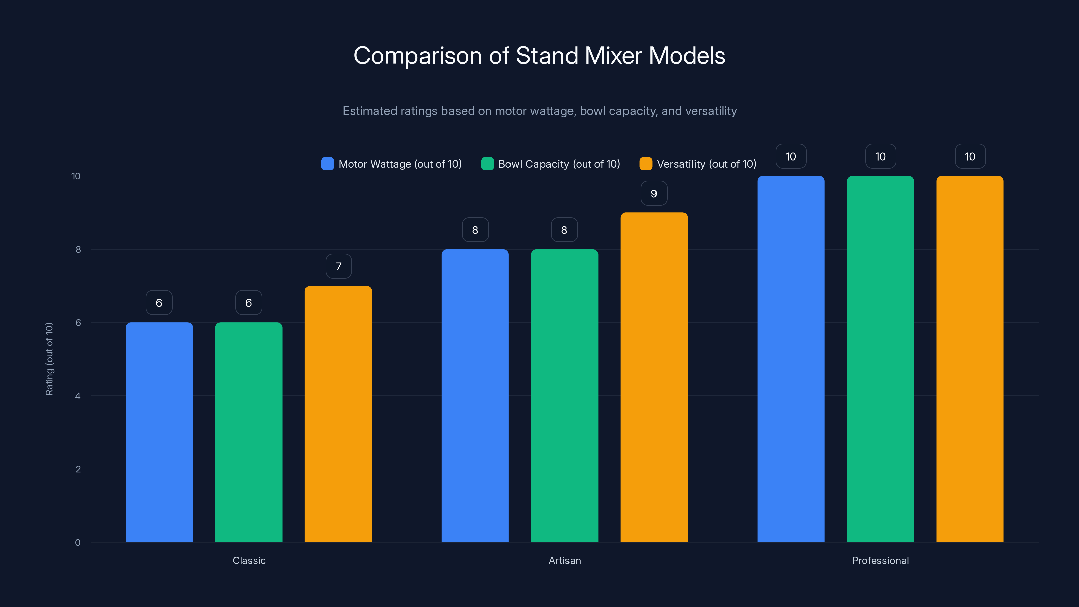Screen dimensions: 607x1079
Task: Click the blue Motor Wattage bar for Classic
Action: point(159,432)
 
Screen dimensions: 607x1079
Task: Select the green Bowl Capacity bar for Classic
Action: point(249,432)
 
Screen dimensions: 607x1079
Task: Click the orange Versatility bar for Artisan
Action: point(654,377)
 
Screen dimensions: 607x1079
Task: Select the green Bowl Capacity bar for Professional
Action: point(880,358)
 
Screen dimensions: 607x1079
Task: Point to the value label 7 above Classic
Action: point(339,266)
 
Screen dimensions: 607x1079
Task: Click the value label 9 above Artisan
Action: point(654,194)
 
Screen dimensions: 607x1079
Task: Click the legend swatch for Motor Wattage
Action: point(327,164)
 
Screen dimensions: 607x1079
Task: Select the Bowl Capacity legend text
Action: point(559,164)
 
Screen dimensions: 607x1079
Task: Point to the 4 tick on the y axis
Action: point(78,396)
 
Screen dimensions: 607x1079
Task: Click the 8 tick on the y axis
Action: point(78,249)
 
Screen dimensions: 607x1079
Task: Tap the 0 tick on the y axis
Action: point(78,543)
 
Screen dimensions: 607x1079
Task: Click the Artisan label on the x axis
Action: point(565,560)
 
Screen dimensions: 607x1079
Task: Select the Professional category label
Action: point(880,560)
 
